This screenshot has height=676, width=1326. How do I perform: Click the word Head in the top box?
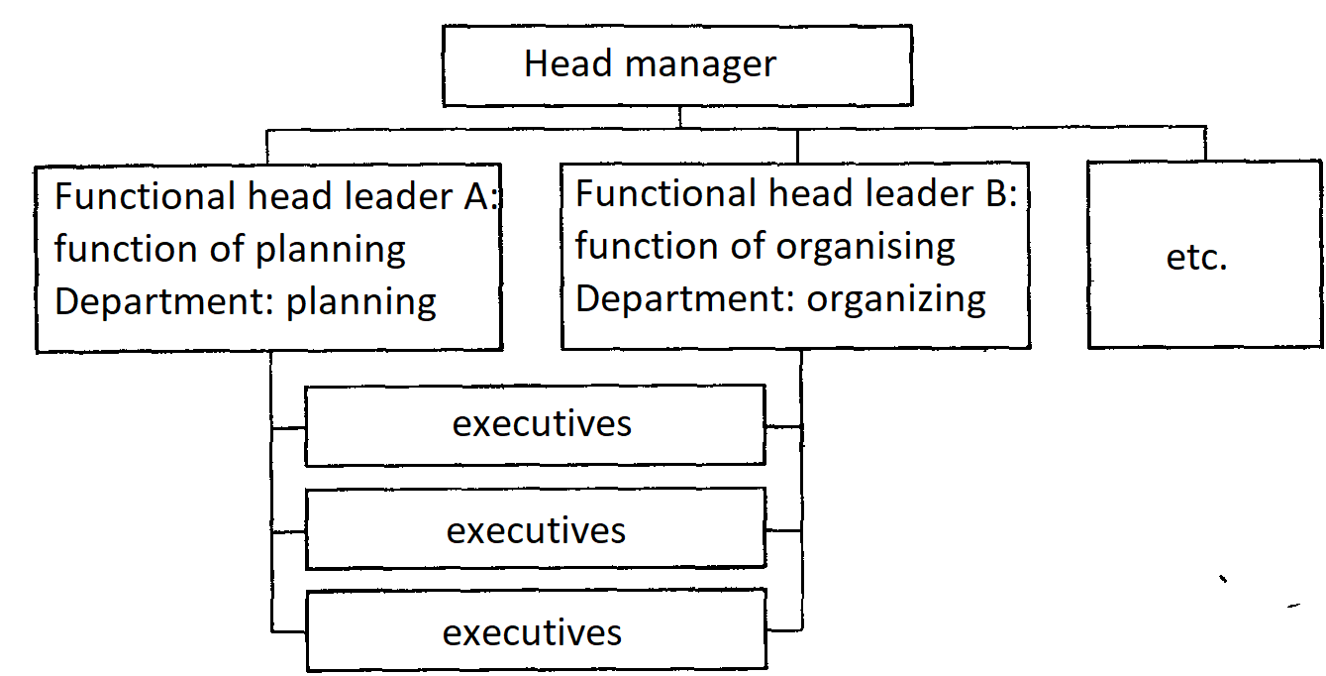(x=567, y=63)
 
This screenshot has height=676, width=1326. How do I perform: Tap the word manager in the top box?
(x=700, y=65)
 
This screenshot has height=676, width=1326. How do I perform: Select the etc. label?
(x=1196, y=258)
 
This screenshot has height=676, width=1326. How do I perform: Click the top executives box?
(x=535, y=425)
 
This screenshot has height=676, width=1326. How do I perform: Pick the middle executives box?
(x=536, y=528)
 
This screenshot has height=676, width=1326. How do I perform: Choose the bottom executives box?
(x=537, y=630)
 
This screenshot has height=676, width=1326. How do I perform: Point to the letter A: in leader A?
(x=480, y=196)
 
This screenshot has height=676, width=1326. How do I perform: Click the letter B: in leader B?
(x=1001, y=193)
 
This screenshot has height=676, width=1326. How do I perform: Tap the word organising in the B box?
(x=866, y=248)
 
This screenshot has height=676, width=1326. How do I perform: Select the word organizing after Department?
(x=896, y=300)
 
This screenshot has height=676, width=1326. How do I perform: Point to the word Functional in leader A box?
(x=145, y=196)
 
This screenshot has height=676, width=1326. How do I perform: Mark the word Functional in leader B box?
(x=665, y=193)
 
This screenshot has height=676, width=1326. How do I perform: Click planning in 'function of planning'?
(x=331, y=251)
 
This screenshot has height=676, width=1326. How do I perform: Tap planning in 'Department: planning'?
(x=361, y=303)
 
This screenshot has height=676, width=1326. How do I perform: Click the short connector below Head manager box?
(x=680, y=117)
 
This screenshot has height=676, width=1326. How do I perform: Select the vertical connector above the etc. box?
(x=1205, y=144)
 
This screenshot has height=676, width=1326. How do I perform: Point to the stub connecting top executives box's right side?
(x=783, y=426)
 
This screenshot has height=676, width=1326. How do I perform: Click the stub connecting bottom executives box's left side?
(x=289, y=631)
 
